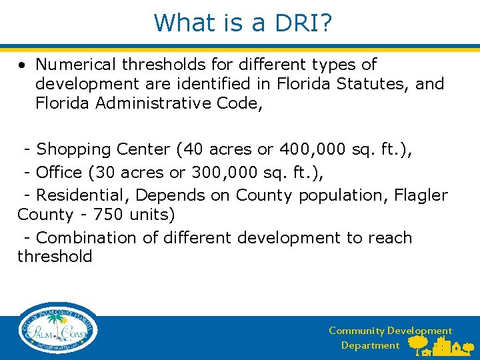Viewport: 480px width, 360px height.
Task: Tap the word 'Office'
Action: [59, 172]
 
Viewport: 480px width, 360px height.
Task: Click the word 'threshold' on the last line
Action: [55, 257]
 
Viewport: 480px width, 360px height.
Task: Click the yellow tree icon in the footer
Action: [418, 344]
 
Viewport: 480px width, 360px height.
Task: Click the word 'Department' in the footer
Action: [370, 345]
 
